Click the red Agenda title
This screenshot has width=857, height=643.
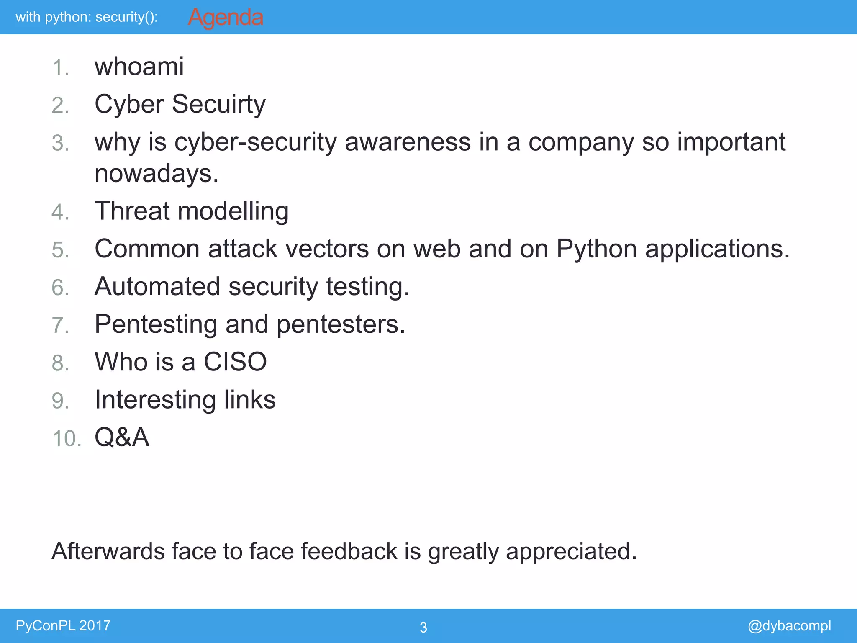point(225,18)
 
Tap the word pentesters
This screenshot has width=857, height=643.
point(341,324)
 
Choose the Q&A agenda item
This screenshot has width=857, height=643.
point(122,437)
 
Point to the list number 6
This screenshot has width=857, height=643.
point(60,288)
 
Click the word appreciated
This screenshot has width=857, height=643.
point(571,552)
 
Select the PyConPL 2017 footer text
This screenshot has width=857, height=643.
point(63,625)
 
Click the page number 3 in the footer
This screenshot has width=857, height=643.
point(423,627)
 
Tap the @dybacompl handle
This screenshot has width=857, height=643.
point(789,625)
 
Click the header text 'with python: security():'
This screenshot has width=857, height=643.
point(87,17)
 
